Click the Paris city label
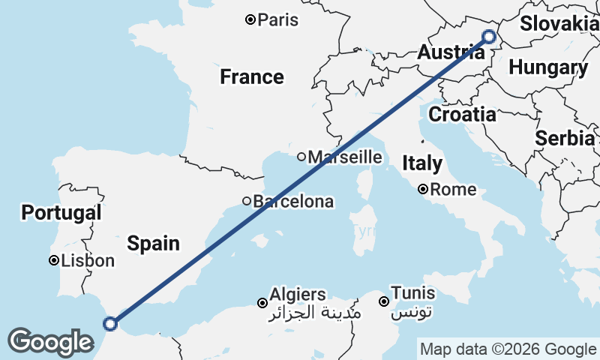click(x=277, y=19)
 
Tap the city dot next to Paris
click(x=250, y=19)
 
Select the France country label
click(x=252, y=76)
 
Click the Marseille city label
click(x=345, y=157)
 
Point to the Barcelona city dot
click(x=246, y=201)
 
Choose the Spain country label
click(x=153, y=243)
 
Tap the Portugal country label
click(x=61, y=212)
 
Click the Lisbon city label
click(x=88, y=261)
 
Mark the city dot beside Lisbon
click(x=54, y=261)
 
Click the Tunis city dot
click(x=383, y=302)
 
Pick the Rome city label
click(x=453, y=190)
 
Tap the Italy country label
click(x=422, y=163)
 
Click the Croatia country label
click(x=462, y=115)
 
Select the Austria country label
click(x=450, y=52)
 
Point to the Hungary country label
click(x=548, y=67)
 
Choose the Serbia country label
click(x=565, y=138)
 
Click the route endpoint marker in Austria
click(x=489, y=36)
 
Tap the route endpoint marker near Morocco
click(x=110, y=324)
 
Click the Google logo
click(x=50, y=342)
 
